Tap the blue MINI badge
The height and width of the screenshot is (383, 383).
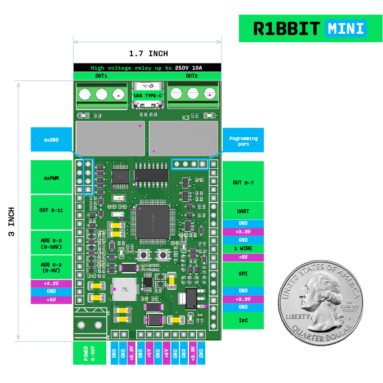click(346, 29)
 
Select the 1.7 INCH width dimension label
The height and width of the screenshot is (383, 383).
click(148, 54)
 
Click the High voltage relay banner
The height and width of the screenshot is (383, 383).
click(147, 67)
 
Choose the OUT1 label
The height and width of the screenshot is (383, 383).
click(101, 75)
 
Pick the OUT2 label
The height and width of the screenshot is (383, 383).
click(192, 75)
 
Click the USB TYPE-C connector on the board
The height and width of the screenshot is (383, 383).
click(147, 94)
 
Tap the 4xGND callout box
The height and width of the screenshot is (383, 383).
click(51, 139)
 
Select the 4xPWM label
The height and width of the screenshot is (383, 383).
click(51, 178)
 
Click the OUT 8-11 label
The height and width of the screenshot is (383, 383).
click(51, 210)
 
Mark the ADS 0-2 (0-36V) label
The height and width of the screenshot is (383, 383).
click(51, 242)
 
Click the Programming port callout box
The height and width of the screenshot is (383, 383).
click(243, 140)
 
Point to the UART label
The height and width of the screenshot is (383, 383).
click(243, 212)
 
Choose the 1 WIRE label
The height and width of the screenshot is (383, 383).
click(243, 249)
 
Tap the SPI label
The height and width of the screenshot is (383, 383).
click(243, 274)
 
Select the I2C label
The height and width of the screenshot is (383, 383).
click(243, 321)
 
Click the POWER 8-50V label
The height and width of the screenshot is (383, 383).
click(89, 353)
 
